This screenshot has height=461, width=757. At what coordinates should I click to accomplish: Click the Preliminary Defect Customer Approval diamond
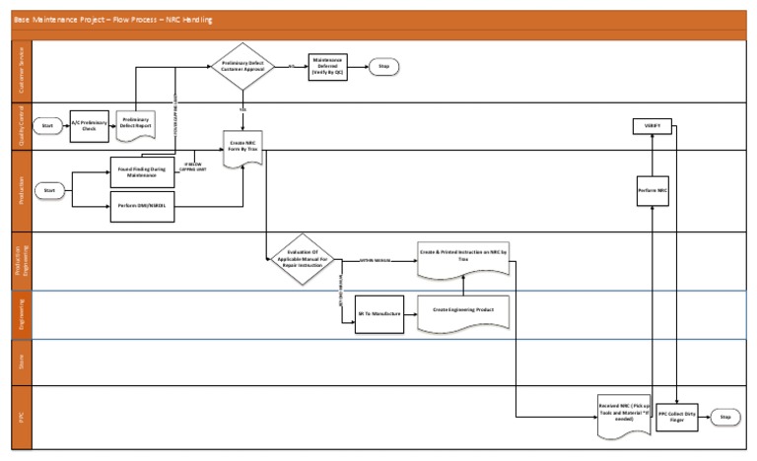(x=241, y=67)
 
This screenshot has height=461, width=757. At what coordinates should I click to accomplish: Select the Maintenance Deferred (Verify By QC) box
(x=327, y=67)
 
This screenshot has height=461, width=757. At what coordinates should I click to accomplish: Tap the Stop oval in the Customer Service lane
(x=384, y=67)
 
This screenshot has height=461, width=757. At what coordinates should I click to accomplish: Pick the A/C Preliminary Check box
(x=90, y=125)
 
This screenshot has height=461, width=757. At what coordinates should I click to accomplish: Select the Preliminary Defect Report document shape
(x=135, y=122)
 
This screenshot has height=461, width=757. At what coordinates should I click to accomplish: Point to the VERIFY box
(x=652, y=126)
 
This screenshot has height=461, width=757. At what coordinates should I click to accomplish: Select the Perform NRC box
(x=652, y=188)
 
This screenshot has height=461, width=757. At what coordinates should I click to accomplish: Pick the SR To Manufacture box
(x=380, y=314)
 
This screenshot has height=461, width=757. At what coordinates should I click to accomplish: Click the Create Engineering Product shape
(x=462, y=312)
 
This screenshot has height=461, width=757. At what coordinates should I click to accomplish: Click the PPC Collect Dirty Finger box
(x=676, y=416)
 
